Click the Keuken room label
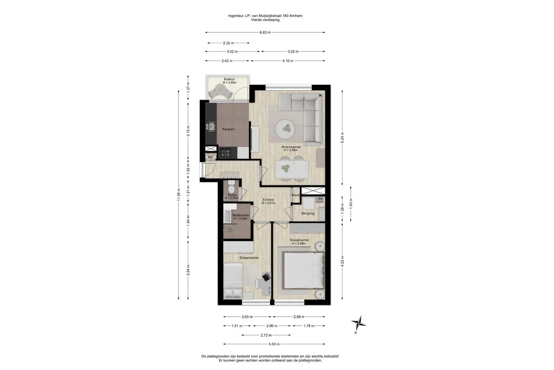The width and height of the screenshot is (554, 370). click(x=228, y=129)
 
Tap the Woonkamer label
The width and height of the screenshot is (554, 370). click(x=291, y=147)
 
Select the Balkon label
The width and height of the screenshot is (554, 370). click(x=230, y=79)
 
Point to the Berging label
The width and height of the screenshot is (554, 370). click(x=308, y=214)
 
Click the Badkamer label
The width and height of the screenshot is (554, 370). click(x=241, y=215)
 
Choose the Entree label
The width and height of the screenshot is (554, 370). click(x=268, y=200)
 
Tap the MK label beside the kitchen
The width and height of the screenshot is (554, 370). click(x=210, y=157)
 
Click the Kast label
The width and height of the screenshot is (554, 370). click(x=296, y=195)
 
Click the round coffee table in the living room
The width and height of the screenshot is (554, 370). click(x=285, y=129)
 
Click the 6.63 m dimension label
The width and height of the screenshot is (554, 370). click(x=265, y=32)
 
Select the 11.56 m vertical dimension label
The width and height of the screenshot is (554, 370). click(x=179, y=195)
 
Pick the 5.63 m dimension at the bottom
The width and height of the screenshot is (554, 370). click(x=274, y=344)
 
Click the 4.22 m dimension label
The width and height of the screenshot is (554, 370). click(x=342, y=261)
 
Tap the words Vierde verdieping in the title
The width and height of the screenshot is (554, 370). click(x=265, y=20)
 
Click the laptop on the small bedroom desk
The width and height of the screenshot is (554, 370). click(x=266, y=277)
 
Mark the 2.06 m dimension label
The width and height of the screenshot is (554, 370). click(x=272, y=326)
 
